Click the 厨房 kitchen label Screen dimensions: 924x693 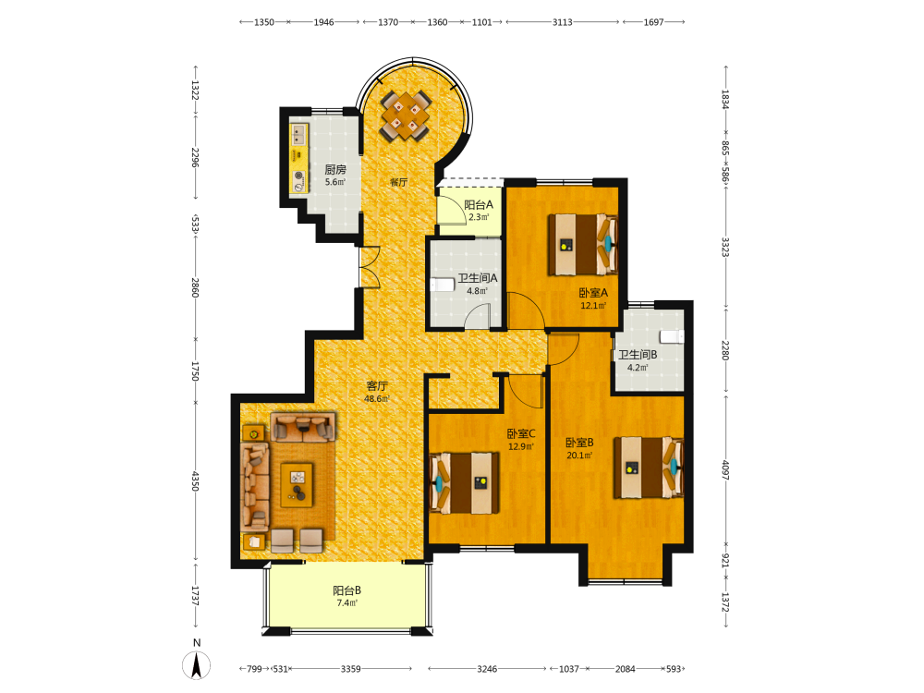(x=335, y=169)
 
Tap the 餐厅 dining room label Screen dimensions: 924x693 (x=398, y=182)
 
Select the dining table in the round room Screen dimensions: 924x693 (x=406, y=115)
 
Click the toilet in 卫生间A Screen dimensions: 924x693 (x=443, y=286)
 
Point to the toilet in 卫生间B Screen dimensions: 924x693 (x=672, y=336)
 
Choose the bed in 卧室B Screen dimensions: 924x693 (x=649, y=468)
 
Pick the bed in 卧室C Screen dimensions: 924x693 (x=465, y=482)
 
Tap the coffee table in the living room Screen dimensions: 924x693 (x=297, y=485)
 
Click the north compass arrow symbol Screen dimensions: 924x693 (x=197, y=666)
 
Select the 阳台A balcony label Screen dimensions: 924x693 (x=479, y=204)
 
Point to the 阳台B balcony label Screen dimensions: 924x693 (x=347, y=590)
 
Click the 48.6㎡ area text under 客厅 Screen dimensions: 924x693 (x=377, y=399)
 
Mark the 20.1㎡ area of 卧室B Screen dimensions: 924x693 (x=579, y=455)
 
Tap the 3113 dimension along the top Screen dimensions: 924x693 (x=562, y=22)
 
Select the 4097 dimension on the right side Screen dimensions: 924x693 (x=726, y=469)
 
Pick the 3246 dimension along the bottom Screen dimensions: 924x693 (x=487, y=669)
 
